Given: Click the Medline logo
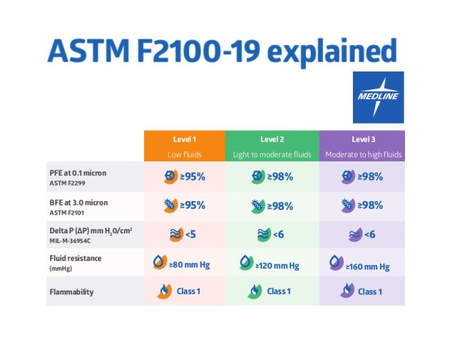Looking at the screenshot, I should [378, 97].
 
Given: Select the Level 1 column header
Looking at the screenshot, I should [184, 139].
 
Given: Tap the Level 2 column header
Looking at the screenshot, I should [272, 139].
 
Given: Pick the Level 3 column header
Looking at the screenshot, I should [363, 139].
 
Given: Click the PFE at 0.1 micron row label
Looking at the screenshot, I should [78, 173].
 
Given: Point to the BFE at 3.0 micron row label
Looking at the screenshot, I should [78, 203].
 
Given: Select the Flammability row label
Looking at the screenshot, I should [71, 292].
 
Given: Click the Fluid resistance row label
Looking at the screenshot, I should [76, 258].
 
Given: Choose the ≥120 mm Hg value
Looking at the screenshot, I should [278, 265].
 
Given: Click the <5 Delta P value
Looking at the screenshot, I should [190, 235].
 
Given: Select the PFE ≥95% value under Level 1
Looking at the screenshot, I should [192, 176].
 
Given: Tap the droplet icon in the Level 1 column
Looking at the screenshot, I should [159, 263].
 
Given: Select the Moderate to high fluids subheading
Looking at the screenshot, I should [363, 154].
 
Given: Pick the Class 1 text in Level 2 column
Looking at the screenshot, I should [279, 291].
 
